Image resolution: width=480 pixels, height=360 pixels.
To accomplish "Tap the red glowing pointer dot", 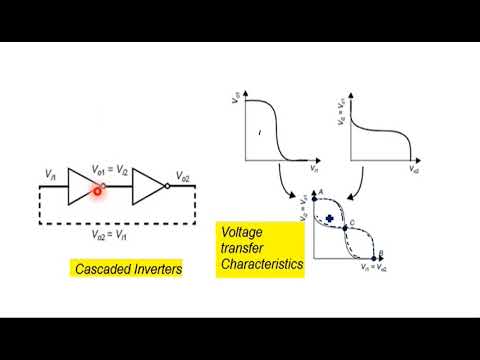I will tap(98, 188).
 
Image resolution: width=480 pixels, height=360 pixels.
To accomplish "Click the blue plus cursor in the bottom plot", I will tap(329, 217).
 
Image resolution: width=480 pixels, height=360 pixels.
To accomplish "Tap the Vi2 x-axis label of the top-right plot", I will tap(413, 171).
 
